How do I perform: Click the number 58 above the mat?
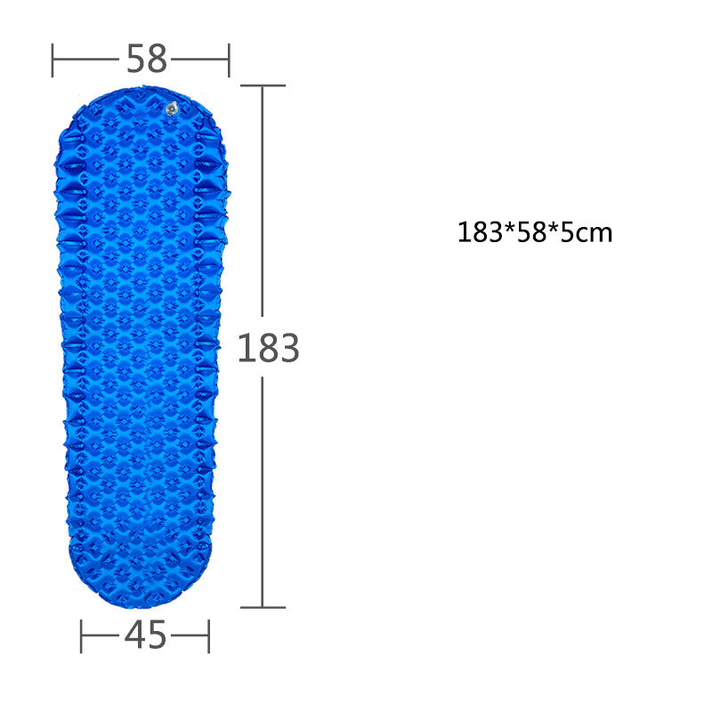click(146, 60)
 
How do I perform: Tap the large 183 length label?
click(268, 349)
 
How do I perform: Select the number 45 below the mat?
click(145, 635)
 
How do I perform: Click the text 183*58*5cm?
click(535, 233)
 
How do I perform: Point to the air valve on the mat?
click(172, 109)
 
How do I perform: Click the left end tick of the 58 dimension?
click(53, 61)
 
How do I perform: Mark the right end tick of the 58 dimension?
click(229, 61)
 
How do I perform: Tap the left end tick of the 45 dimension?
click(81, 636)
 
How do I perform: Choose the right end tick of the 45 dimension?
click(209, 636)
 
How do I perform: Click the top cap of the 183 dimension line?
click(263, 85)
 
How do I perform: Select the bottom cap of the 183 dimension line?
click(263, 608)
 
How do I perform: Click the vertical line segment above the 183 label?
click(263, 205)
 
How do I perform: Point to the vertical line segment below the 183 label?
click(263, 489)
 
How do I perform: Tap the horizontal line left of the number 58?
click(86, 61)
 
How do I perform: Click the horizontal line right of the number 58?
click(200, 61)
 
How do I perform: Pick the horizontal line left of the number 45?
click(101, 636)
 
